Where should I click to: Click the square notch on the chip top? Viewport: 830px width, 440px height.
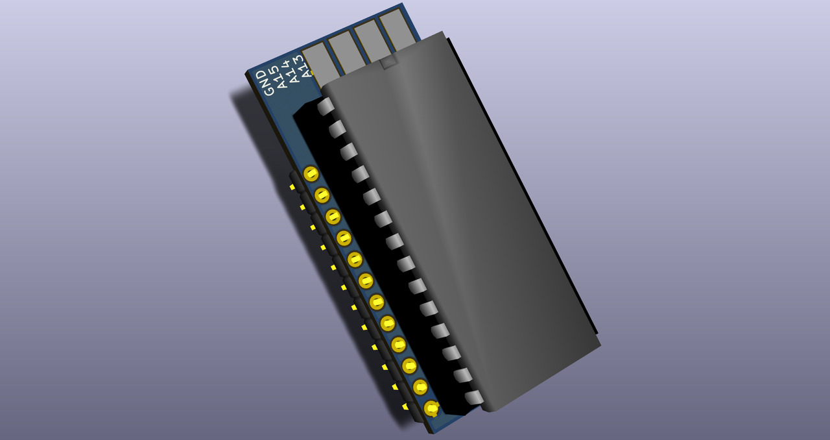tap(388, 62)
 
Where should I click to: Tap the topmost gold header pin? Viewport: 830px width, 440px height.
tap(311, 174)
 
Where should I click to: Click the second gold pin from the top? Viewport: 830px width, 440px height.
tap(322, 195)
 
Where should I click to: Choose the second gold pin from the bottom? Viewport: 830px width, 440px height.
tap(421, 387)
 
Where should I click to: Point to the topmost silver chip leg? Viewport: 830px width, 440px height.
tap(326, 106)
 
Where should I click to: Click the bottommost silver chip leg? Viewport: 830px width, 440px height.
tap(474, 397)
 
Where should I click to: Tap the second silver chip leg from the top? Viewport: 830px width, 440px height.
tap(337, 129)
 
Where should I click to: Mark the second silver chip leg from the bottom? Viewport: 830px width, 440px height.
tap(463, 375)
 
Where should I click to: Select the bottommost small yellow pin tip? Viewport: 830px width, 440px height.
tap(406, 407)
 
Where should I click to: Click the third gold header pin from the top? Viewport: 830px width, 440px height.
tap(333, 216)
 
